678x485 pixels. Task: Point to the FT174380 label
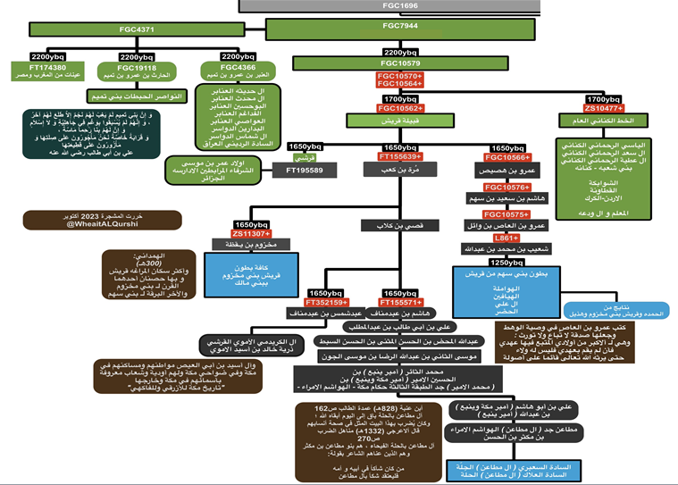point(46,66)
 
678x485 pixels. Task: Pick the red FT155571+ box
point(401,302)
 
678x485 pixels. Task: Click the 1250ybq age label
point(506,263)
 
